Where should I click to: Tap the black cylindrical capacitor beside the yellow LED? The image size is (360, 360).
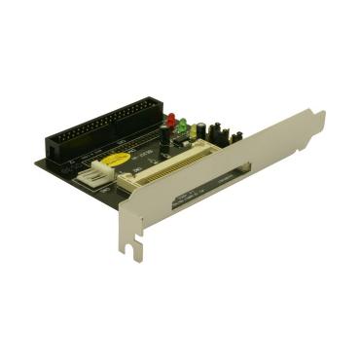pos(201,130)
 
